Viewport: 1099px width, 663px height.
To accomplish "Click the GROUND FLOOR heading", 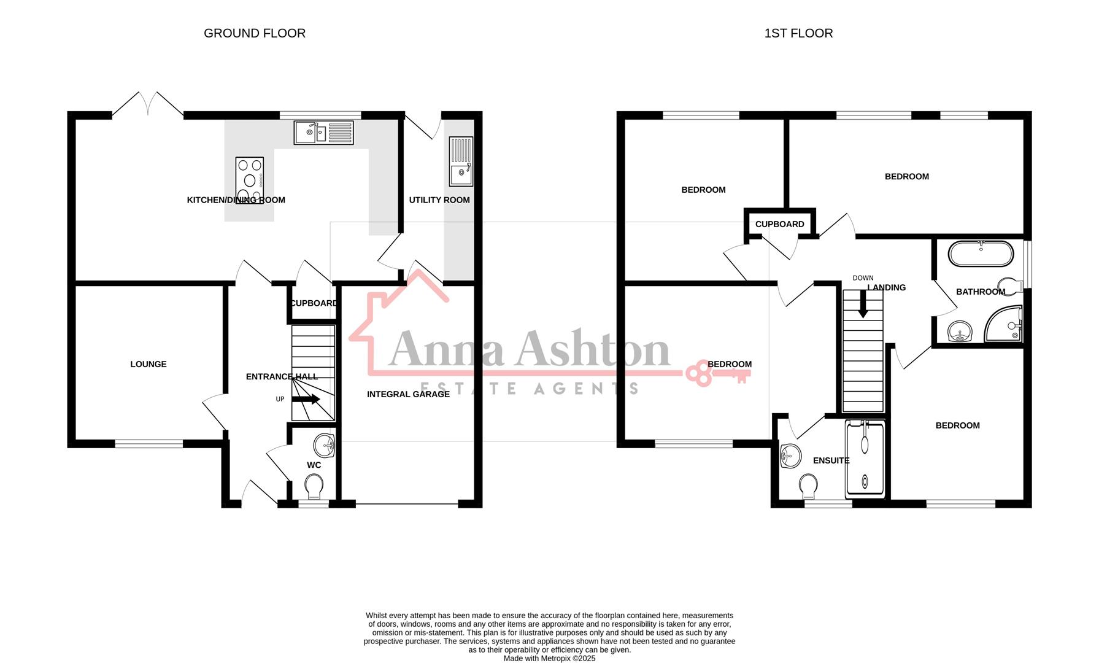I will click(254, 33).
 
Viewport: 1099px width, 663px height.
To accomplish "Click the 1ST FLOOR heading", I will click(798, 33).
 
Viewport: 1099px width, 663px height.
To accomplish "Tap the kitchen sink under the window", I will click(323, 133).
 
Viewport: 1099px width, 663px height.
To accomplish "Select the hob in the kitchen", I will click(250, 180).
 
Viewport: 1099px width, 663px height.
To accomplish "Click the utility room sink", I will click(461, 161).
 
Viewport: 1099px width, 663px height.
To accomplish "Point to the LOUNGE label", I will click(148, 364).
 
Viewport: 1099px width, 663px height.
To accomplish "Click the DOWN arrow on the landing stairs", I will click(863, 304).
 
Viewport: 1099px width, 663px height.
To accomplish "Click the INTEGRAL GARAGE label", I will click(408, 394).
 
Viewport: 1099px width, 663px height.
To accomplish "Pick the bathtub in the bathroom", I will click(981, 254).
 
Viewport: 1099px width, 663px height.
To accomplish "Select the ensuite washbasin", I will click(790, 456).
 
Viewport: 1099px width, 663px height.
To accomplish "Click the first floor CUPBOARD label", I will click(779, 224).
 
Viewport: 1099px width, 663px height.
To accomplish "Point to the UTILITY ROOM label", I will click(439, 200).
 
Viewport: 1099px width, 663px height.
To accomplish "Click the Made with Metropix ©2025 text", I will click(549, 658).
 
